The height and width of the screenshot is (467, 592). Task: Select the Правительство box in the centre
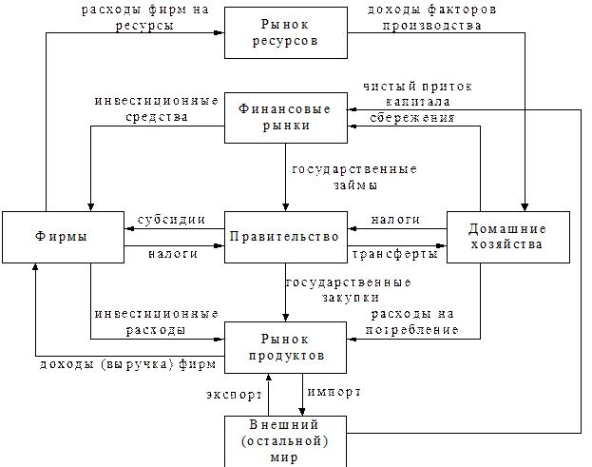point(284,236)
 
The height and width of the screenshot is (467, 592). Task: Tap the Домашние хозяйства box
point(508,236)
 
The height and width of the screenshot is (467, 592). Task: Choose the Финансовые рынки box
point(284,117)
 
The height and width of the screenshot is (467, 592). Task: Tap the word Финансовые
point(284,109)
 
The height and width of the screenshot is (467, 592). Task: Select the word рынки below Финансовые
point(284,126)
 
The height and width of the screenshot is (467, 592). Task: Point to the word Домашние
point(508,228)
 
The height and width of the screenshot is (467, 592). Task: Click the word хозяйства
point(508,244)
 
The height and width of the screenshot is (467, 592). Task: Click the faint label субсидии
point(170,220)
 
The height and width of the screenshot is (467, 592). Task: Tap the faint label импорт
point(333,391)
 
